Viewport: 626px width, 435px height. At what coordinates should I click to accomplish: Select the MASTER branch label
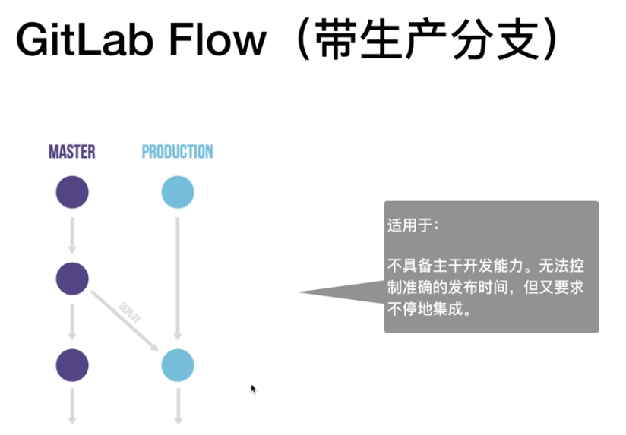coord(72,152)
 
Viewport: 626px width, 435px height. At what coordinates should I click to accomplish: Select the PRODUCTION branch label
coord(177,152)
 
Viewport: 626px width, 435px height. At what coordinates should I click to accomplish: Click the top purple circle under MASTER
coord(72,192)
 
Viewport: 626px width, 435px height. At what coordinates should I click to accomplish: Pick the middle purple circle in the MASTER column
coord(72,279)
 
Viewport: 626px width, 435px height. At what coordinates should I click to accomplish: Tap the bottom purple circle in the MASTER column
coord(72,365)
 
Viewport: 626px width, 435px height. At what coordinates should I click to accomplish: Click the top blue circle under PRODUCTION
coord(177,192)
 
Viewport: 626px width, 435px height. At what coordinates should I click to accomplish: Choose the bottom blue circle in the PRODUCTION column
coord(177,365)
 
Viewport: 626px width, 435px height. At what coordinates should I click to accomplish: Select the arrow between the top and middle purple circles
coord(72,235)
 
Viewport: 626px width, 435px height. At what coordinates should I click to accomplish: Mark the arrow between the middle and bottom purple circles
coord(72,322)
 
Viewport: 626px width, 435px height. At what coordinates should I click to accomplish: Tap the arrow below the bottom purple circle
coord(72,405)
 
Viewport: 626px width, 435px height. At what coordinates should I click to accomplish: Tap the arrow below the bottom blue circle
coord(177,405)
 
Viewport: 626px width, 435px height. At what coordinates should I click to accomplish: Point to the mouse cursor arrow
coord(254,389)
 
